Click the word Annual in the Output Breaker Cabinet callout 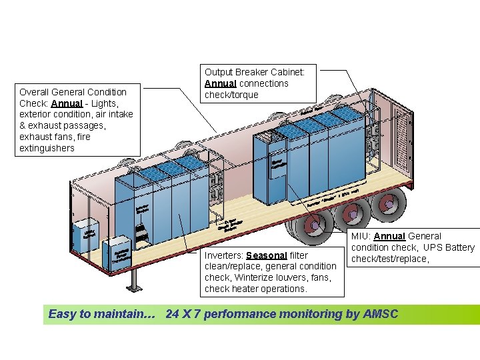coord(220,83)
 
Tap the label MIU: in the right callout coord(361,236)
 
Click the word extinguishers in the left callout coord(47,148)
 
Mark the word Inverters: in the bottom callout coord(224,255)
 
